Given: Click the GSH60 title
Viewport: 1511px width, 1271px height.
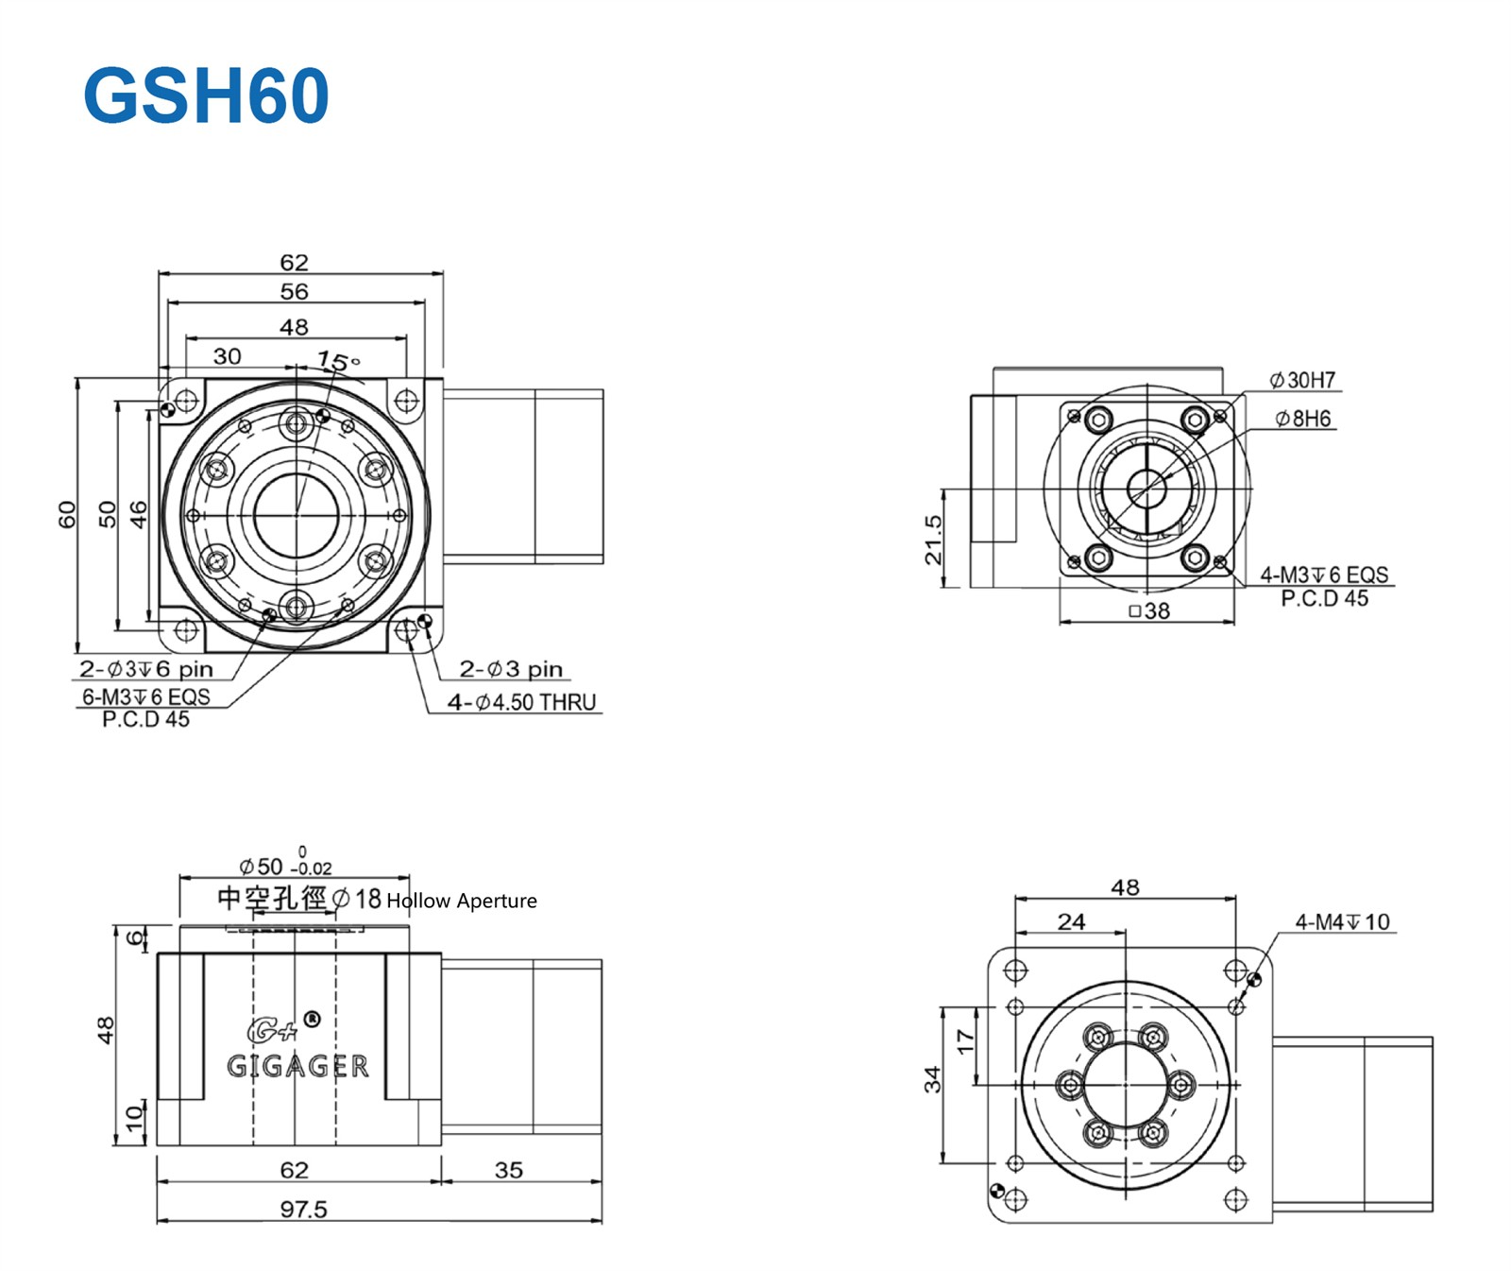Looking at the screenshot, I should (x=206, y=95).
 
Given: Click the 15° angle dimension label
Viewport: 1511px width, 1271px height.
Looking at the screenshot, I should (x=337, y=361).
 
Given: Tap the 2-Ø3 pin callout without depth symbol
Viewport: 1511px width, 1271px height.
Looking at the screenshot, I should (x=510, y=669).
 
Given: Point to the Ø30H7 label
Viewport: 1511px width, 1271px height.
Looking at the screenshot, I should (x=1302, y=380).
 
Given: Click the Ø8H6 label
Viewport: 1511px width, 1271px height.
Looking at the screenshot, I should (x=1302, y=418).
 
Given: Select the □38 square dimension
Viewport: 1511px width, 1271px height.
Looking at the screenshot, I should (x=1149, y=611).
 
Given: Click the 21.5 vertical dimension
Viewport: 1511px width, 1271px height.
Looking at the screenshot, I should (x=933, y=540).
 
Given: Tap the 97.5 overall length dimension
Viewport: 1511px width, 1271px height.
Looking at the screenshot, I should (x=303, y=1209).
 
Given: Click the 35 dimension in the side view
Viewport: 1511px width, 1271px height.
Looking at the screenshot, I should (x=508, y=1170).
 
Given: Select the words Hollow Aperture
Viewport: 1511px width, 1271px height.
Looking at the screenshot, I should (x=461, y=901).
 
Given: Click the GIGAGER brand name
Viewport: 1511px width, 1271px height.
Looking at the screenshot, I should (x=297, y=1066).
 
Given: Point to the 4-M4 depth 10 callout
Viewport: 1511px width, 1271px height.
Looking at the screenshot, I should (x=1342, y=921).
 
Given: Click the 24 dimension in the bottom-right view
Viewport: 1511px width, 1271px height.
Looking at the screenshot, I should (x=1071, y=921).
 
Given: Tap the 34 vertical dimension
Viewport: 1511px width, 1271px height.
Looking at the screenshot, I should (x=933, y=1078).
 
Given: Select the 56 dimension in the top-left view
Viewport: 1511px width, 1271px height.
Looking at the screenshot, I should (x=294, y=291).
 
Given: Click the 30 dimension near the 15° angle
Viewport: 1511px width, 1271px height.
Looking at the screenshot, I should (x=227, y=356).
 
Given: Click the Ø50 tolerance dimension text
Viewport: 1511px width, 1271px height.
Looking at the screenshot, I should (x=284, y=866).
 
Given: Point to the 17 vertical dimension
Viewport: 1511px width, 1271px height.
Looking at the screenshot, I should (x=964, y=1041).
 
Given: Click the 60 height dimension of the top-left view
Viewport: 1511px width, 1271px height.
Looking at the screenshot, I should (x=66, y=514).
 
